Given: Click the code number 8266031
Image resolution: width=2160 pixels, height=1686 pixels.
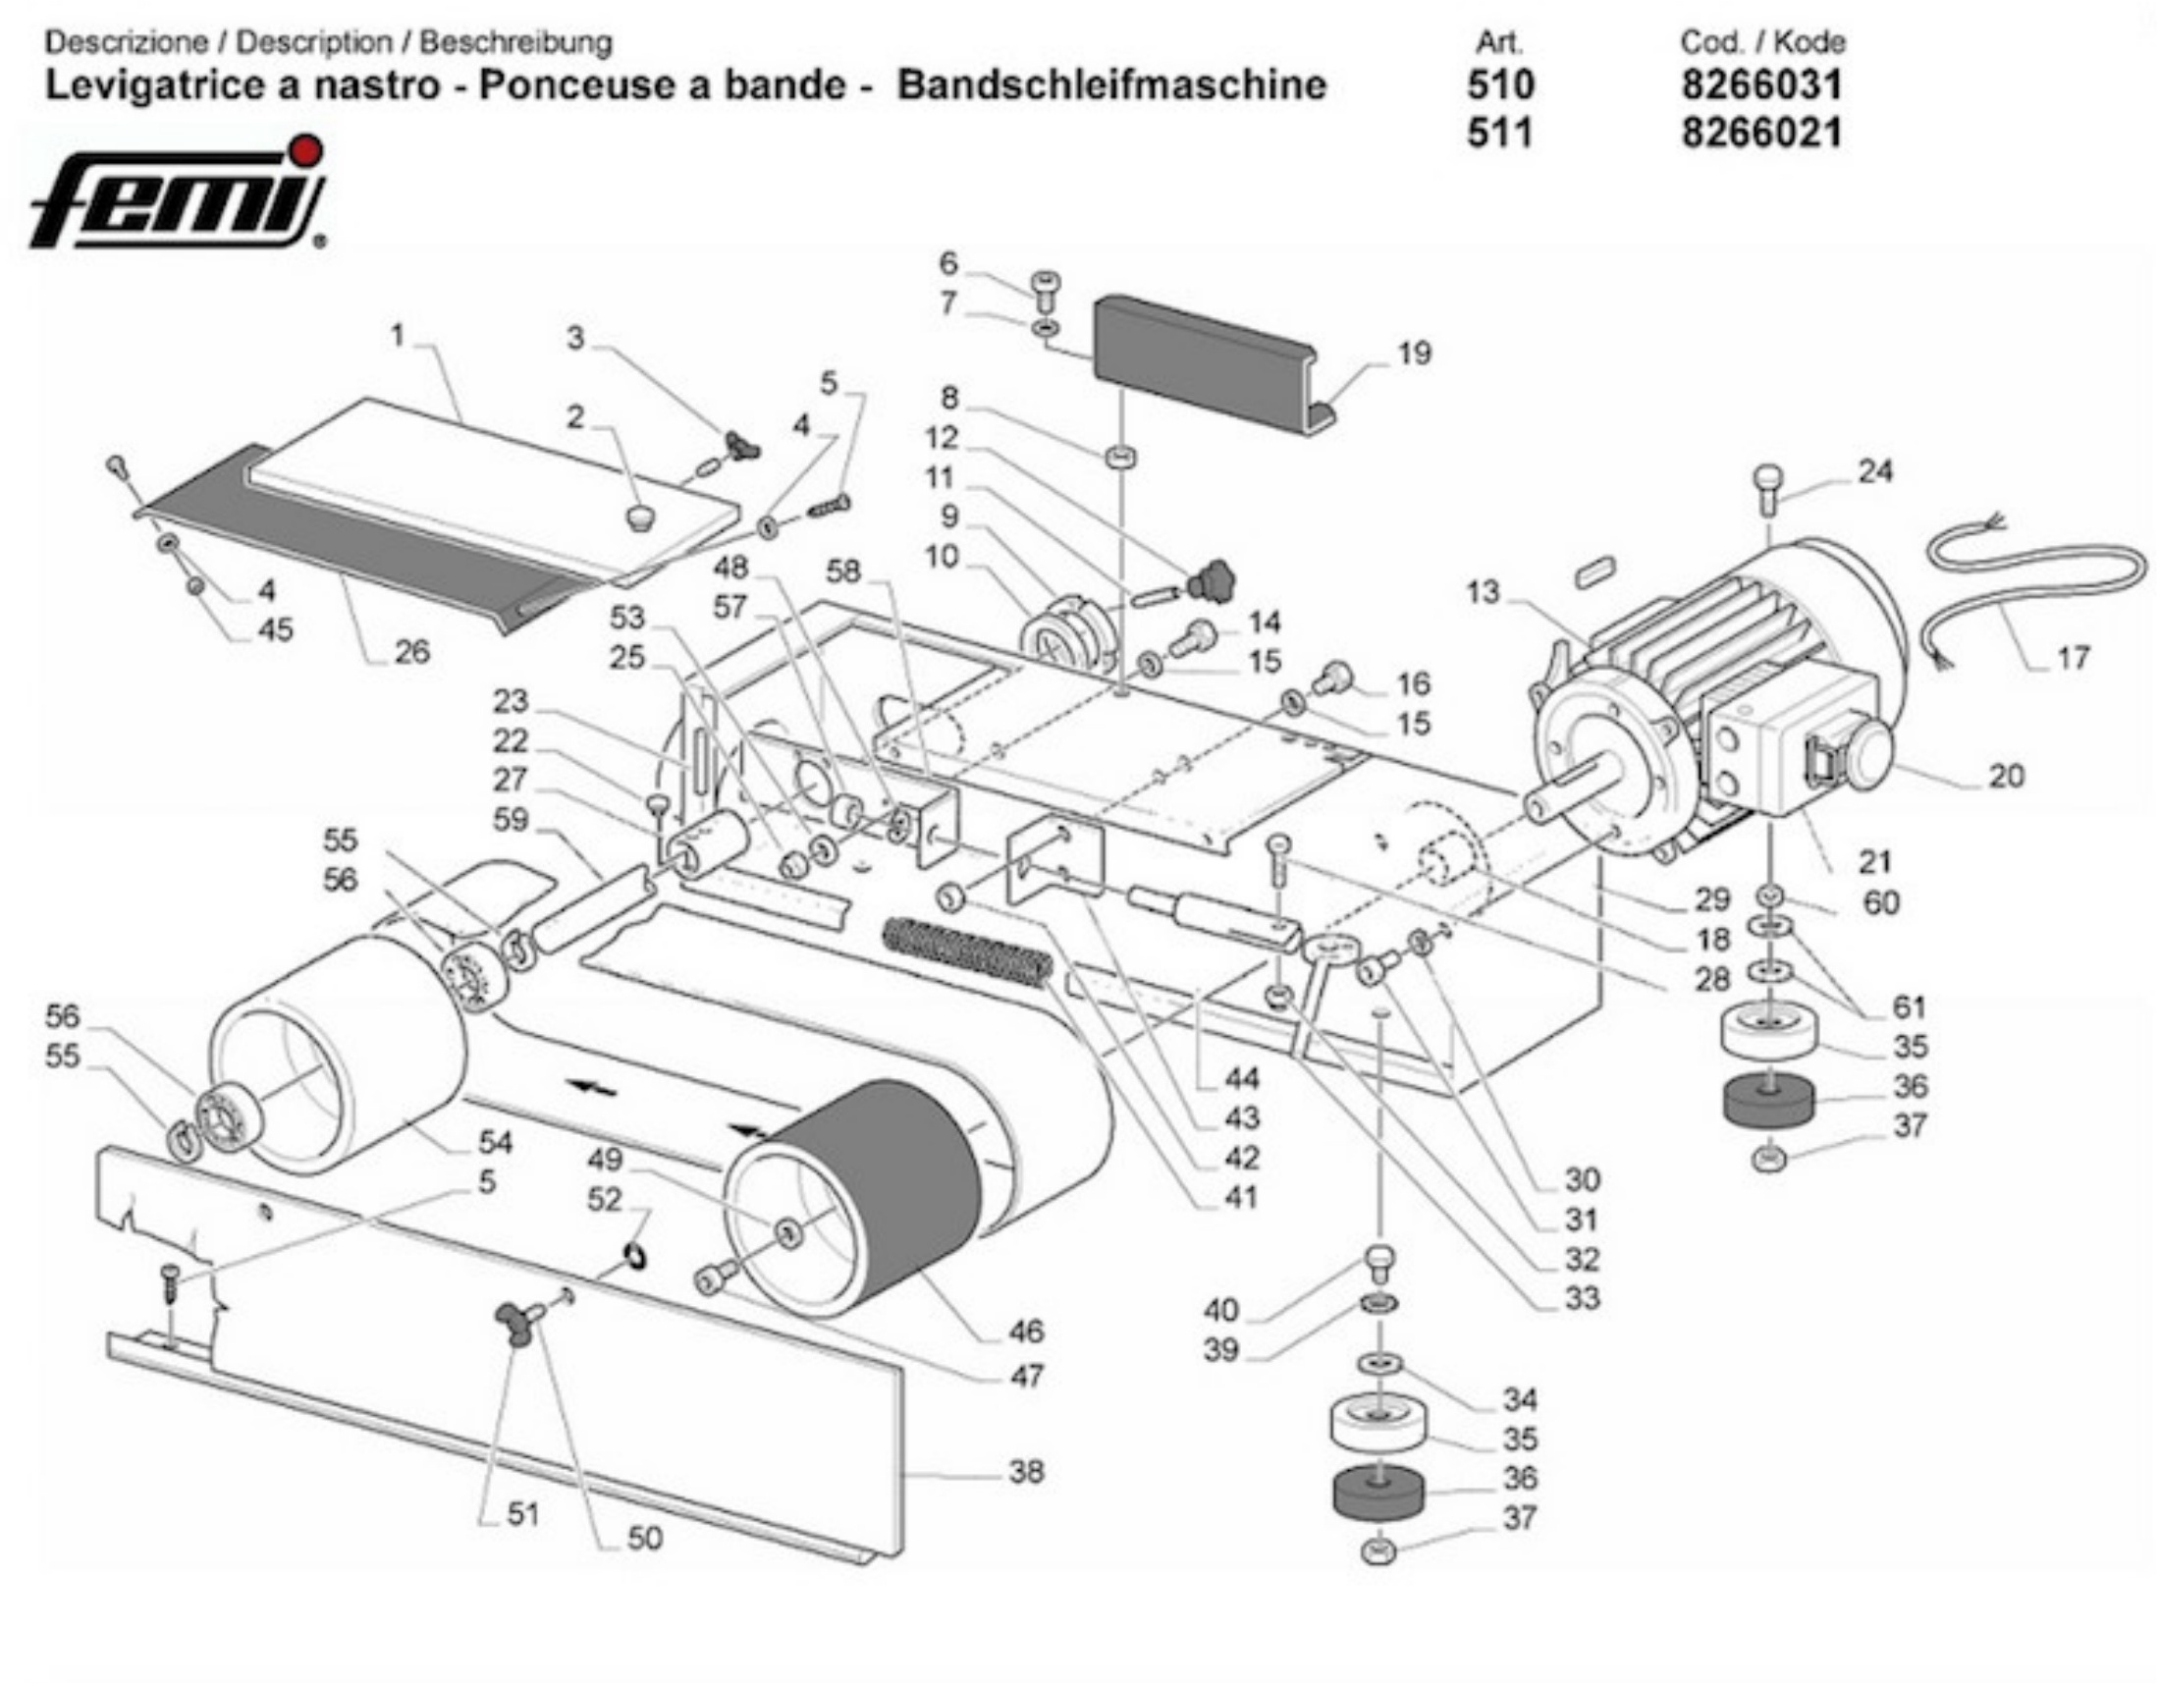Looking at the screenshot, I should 1761,84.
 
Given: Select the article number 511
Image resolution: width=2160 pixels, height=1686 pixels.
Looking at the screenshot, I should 1499,133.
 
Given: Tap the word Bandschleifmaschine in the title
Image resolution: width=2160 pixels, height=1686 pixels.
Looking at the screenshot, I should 1110,84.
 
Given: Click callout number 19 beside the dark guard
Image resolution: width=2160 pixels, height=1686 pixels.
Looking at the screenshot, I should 1414,354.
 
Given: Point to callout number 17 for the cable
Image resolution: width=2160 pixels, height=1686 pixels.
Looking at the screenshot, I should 2073,657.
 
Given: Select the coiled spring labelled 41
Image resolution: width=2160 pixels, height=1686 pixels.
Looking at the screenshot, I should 965,952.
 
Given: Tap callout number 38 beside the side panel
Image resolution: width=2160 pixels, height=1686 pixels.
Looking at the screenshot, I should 1026,1471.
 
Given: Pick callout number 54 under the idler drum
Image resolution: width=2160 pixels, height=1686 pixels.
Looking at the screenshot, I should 495,1142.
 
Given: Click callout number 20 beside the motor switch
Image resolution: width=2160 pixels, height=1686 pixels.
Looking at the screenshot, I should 2007,776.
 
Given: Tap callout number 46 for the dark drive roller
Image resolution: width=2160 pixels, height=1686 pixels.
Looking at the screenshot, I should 1026,1331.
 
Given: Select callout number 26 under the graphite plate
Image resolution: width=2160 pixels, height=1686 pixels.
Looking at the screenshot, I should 411,651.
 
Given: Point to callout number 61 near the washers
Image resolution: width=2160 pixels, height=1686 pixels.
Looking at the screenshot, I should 1909,1006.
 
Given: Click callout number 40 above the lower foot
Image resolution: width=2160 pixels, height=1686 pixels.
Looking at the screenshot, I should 1220,1309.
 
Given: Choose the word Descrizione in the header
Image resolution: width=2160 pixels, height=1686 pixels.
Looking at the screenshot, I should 126,42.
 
